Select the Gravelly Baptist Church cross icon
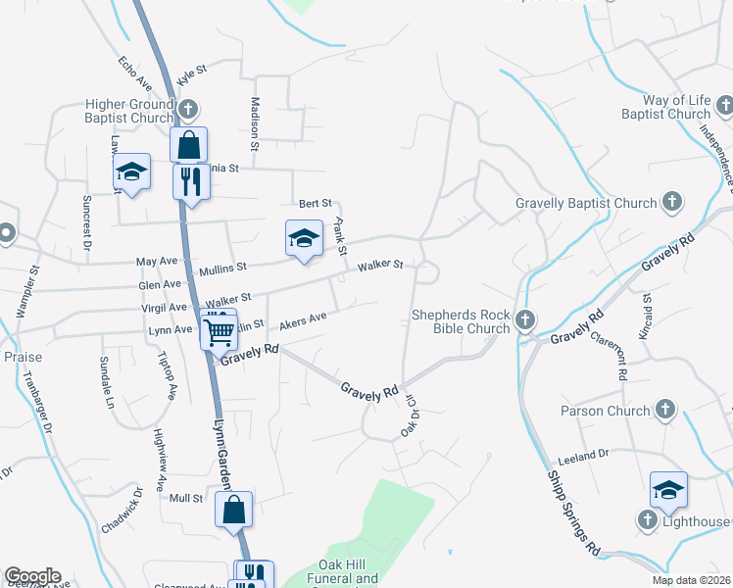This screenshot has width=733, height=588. coord(671,203)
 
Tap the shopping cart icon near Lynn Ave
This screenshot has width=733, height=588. coord(218,330)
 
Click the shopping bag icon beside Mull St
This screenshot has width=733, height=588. coord(234,510)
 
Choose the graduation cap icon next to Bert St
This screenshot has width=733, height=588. coord(304,238)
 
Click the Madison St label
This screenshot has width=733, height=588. coord(255,123)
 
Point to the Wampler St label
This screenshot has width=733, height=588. coord(27,292)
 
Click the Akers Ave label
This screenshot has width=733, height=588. coord(303,320)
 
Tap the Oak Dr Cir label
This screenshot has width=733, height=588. coord(408,416)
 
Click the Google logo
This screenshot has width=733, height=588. coord(32,576)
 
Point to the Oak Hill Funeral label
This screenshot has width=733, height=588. coord(348,571)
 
